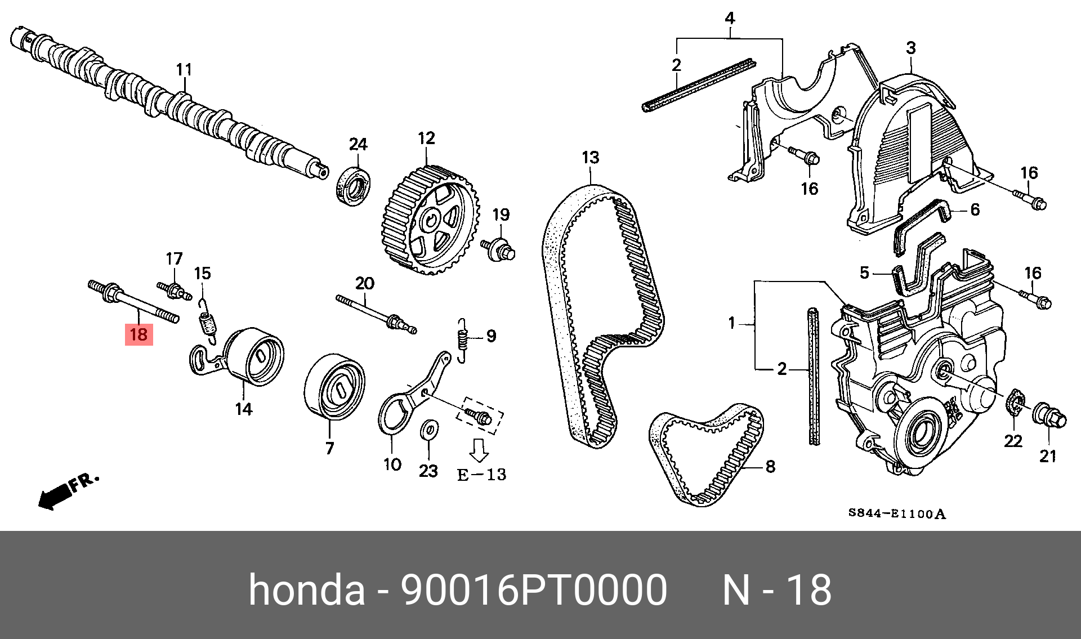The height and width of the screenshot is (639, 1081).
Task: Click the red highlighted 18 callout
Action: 139,334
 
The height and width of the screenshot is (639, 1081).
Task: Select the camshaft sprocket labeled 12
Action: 431,219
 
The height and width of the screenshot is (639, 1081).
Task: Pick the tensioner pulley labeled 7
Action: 334,386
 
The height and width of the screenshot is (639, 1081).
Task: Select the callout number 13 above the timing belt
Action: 591,158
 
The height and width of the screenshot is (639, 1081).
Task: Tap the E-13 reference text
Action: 481,475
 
